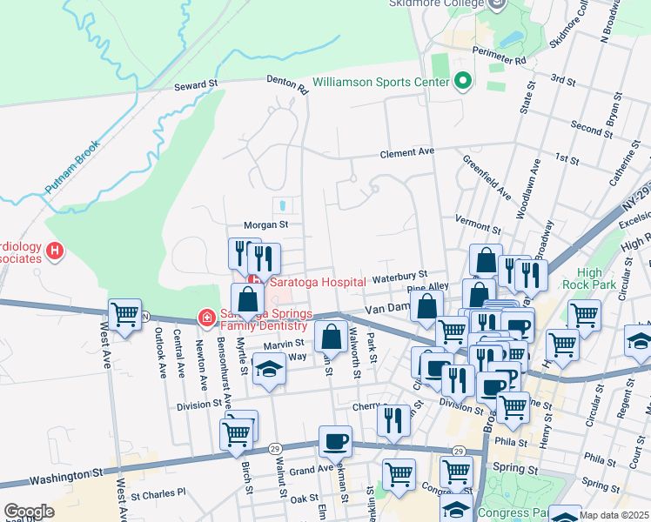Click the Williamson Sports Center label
[x=380, y=83]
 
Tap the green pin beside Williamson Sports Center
[x=463, y=83]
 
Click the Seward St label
[x=195, y=85]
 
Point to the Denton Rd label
[x=288, y=84]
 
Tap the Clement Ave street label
[x=407, y=153]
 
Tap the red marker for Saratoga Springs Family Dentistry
[x=206, y=318]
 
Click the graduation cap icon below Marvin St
[x=269, y=371]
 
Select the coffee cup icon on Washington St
[x=335, y=441]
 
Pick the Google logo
[x=29, y=512]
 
